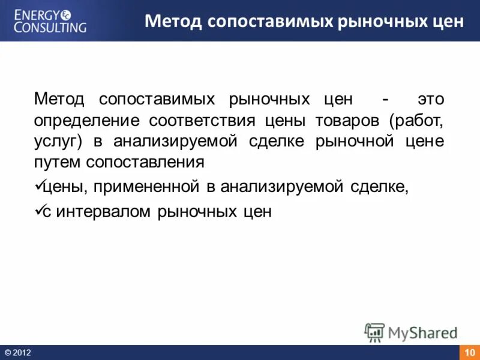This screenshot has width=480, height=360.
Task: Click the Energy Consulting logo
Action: click(50, 20)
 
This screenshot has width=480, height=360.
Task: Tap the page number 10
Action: click(469, 352)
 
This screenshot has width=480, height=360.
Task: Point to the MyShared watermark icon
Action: click(374, 332)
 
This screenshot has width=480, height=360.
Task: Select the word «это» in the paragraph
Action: click(431, 99)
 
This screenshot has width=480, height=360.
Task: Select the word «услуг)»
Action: click(61, 142)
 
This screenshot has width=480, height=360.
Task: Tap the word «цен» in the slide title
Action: click(446, 22)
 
